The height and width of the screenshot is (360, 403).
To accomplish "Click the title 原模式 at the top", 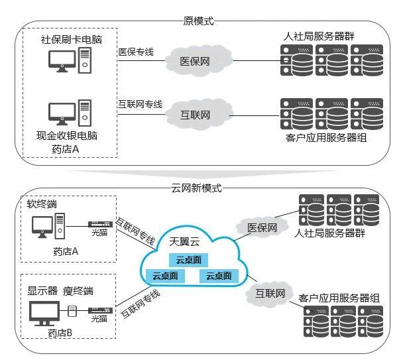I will [x=198, y=21].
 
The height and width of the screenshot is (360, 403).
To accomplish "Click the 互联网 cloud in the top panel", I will [x=196, y=114].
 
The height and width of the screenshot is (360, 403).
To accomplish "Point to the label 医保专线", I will [x=137, y=51].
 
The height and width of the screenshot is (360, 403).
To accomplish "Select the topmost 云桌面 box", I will [x=188, y=260].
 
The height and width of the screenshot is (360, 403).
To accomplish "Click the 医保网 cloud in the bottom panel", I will [x=259, y=227].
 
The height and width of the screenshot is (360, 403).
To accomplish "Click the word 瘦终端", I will [x=78, y=290].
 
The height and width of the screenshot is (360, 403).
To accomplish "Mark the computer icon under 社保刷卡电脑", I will [x=69, y=62].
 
